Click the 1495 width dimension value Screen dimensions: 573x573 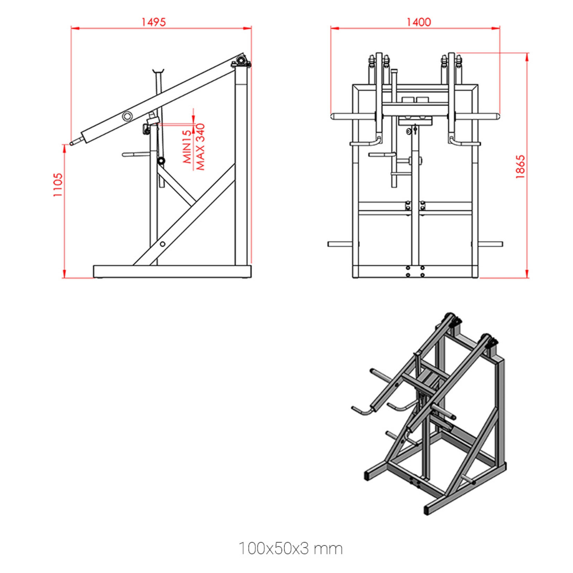[154, 22]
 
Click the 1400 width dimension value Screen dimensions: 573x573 [419, 22]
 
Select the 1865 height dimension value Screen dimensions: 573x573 [520, 167]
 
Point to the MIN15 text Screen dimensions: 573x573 [187, 147]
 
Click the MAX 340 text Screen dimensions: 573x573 [200, 147]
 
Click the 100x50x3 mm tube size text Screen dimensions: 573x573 [291, 548]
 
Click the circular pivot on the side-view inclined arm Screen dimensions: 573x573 [127, 116]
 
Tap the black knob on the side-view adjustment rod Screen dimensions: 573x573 [161, 161]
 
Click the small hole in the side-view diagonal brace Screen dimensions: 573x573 [162, 244]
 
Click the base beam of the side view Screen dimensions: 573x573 [172, 272]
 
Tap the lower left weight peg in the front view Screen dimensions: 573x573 [340, 244]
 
